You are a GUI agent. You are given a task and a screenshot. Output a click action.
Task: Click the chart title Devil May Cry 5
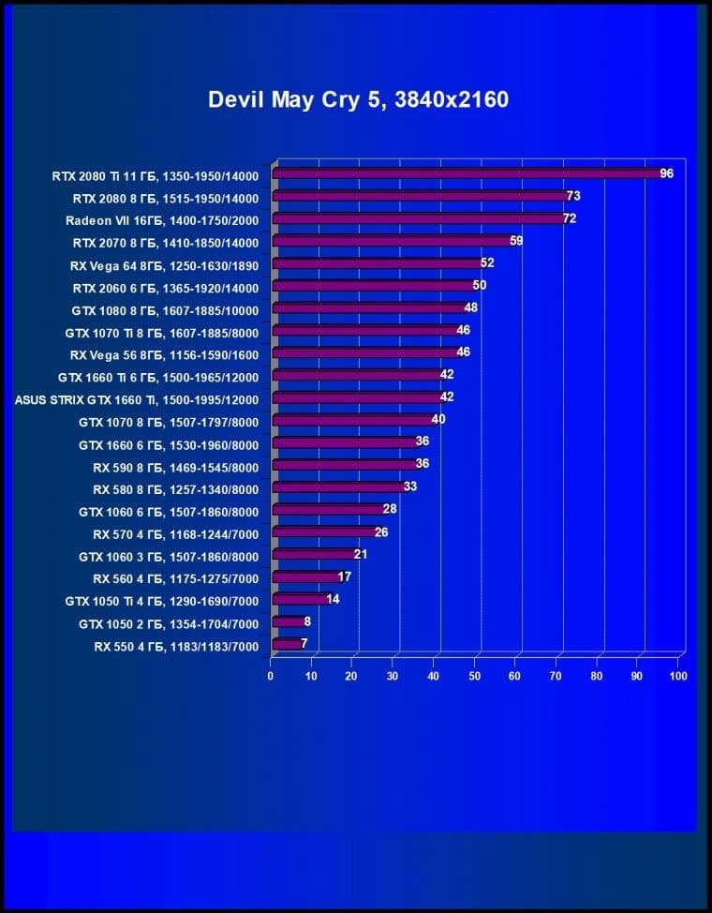click(358, 99)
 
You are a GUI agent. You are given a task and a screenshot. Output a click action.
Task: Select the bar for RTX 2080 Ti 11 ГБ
click(468, 173)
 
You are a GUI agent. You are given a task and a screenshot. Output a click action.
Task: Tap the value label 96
click(666, 173)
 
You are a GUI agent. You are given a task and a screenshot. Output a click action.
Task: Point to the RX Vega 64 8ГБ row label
click(164, 264)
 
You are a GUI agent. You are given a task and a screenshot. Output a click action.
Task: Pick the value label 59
click(515, 241)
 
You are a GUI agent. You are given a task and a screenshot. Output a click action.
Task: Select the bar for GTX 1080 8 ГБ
click(370, 308)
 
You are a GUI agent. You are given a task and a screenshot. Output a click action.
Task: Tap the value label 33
click(409, 487)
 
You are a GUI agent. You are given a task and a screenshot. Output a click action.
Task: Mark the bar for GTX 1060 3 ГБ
click(315, 554)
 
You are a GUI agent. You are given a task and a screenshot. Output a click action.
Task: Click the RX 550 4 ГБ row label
click(175, 646)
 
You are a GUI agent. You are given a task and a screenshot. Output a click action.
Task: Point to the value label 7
click(304, 644)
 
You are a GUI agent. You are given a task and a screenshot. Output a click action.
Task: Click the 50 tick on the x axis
click(475, 676)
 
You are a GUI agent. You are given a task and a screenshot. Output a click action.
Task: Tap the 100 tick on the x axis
click(678, 676)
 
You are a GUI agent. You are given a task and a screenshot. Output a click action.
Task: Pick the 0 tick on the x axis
click(271, 676)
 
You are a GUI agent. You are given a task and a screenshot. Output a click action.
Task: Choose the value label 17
click(344, 576)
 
